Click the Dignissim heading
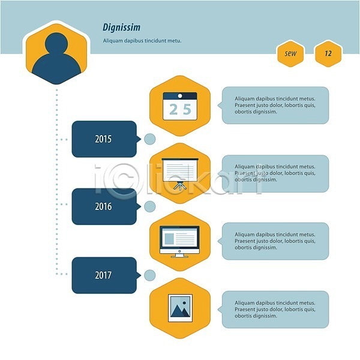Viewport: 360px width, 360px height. [x=121, y=28]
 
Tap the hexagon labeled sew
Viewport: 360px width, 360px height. [x=290, y=54]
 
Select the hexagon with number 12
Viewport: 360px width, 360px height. [x=328, y=54]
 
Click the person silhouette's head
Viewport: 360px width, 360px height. [x=56, y=44]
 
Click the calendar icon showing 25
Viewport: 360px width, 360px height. [x=180, y=106]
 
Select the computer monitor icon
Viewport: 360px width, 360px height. [x=179, y=242]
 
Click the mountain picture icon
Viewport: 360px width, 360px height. [x=180, y=308]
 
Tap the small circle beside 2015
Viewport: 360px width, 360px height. [x=149, y=139]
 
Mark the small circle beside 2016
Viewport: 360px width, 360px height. [x=149, y=206]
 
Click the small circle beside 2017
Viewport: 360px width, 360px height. [x=149, y=275]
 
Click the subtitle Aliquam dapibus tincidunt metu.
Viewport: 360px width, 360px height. [x=142, y=41]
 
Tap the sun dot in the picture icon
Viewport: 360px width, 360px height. [x=184, y=303]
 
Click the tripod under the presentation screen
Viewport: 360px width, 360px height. [x=180, y=185]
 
